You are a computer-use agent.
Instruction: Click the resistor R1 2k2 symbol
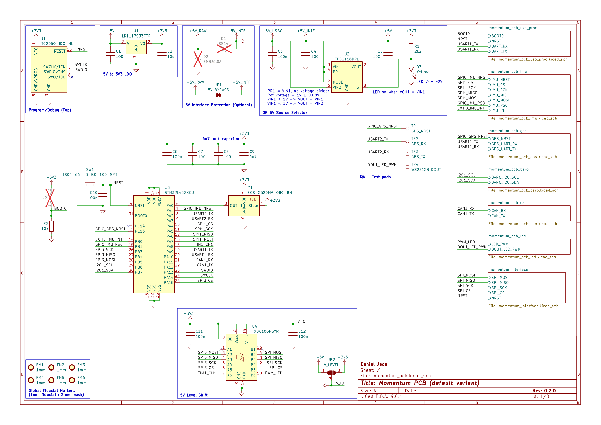[x=411, y=49]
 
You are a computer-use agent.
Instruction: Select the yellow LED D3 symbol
[x=411, y=70]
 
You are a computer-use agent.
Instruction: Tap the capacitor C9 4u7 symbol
[x=244, y=154]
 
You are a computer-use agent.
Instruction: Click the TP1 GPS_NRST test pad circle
[x=407, y=128]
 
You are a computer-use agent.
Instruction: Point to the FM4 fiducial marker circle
[x=31, y=380]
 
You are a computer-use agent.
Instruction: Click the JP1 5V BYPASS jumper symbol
[x=218, y=95]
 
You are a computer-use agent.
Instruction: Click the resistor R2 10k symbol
[x=51, y=226]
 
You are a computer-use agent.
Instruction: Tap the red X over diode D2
[x=198, y=59]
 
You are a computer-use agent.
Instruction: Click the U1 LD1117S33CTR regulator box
[x=136, y=47]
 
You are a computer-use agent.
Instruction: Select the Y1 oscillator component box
[x=244, y=206]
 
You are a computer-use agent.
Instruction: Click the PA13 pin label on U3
[x=169, y=272]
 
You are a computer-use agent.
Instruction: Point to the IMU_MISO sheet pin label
[x=500, y=95]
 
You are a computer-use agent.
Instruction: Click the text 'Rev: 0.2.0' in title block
[x=544, y=391]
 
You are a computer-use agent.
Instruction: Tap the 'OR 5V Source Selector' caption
[x=284, y=113]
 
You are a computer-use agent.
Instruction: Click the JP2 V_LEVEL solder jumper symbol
[x=331, y=372]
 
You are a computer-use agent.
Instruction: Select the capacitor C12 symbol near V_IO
[x=293, y=334]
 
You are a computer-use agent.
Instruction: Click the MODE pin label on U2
[x=338, y=82]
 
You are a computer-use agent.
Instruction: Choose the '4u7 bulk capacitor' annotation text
[x=221, y=139]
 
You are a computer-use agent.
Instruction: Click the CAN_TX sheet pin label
[x=498, y=216]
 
